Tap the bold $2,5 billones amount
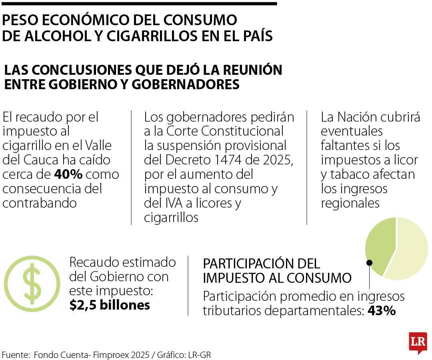click(110, 305)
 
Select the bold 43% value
click(382, 310)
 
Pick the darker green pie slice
click(379, 246)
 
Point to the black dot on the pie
click(370, 262)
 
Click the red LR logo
click(418, 342)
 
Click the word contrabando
click(40, 202)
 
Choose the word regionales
click(350, 203)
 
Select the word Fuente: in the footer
click(16, 355)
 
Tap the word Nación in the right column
click(358, 117)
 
